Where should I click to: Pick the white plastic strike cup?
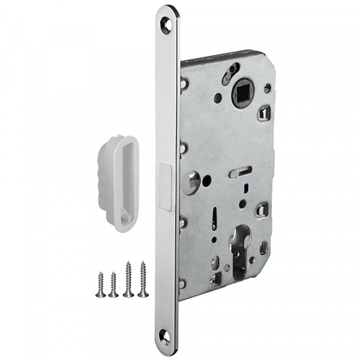click(118, 180)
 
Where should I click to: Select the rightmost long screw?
click(143, 278)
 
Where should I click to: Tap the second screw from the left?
click(113, 284)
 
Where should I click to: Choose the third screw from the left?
click(128, 278)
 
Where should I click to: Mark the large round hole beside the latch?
click(191, 179)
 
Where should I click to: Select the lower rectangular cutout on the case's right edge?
click(261, 209)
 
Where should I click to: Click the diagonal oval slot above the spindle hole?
click(229, 76)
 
